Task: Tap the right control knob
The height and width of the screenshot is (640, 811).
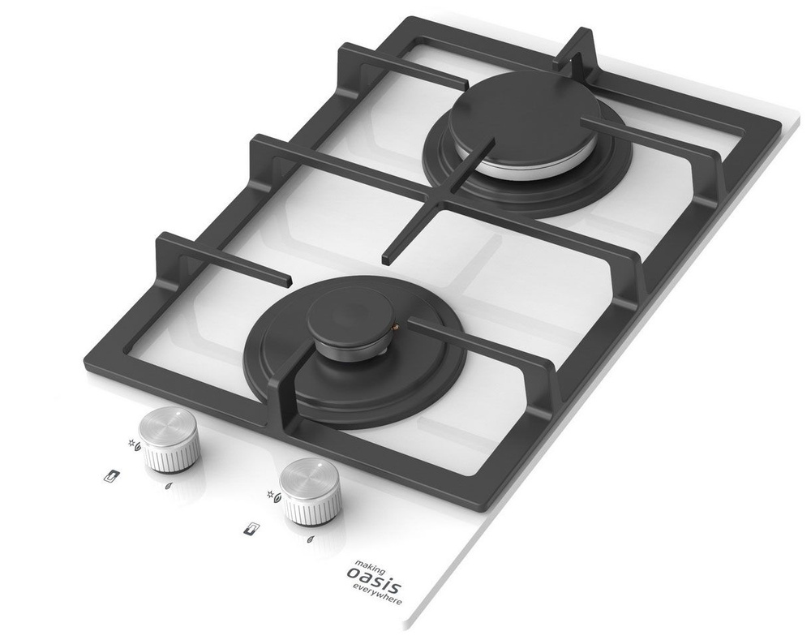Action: click(311, 491)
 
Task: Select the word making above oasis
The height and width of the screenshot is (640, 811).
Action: click(370, 565)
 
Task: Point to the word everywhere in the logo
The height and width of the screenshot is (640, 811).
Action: click(377, 595)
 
